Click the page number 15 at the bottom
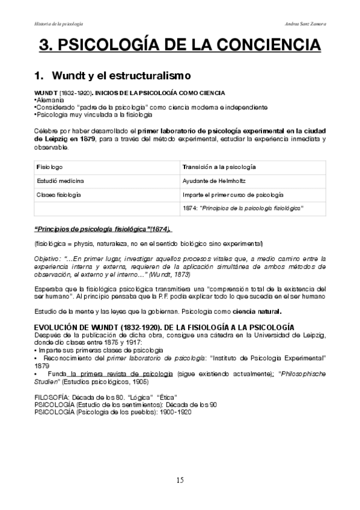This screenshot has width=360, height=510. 180,480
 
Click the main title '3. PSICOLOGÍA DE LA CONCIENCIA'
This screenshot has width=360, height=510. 180,46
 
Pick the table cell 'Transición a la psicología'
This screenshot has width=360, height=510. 219,165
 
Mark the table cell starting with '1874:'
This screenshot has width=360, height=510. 242,208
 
